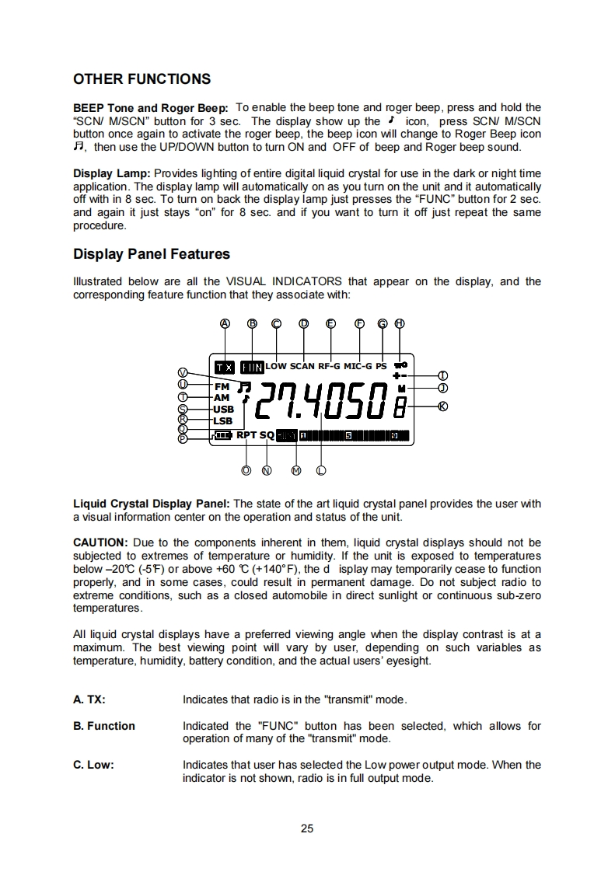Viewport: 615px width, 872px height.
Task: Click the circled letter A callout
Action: (x=225, y=323)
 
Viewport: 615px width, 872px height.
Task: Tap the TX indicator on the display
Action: (x=224, y=366)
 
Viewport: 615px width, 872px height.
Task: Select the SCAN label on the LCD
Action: (x=302, y=365)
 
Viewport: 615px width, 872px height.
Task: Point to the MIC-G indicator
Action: (x=358, y=365)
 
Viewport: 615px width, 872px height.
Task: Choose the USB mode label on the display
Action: (x=223, y=409)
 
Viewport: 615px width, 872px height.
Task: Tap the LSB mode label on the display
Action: (x=223, y=420)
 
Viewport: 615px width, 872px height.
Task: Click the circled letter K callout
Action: (x=443, y=406)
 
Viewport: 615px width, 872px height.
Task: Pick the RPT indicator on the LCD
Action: (x=246, y=435)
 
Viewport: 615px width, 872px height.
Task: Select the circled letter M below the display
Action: (x=295, y=469)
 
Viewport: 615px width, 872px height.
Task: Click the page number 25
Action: (x=307, y=828)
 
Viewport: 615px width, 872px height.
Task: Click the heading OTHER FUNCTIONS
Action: (x=142, y=79)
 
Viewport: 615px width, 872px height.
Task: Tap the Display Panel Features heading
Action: (x=151, y=254)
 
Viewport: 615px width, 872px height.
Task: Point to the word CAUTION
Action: (x=100, y=542)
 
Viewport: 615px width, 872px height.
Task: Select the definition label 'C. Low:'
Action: (x=93, y=765)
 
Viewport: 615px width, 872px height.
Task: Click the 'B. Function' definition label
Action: (x=104, y=726)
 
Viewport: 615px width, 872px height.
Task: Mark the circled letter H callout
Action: (x=400, y=323)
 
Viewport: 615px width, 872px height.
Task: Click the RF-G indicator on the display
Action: (x=330, y=365)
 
